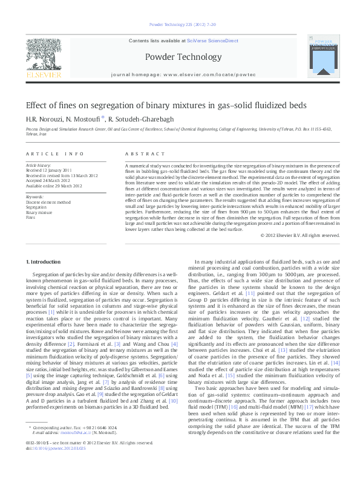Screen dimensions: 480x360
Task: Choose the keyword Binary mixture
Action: (39, 212)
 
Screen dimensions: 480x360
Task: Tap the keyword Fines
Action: (30, 216)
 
